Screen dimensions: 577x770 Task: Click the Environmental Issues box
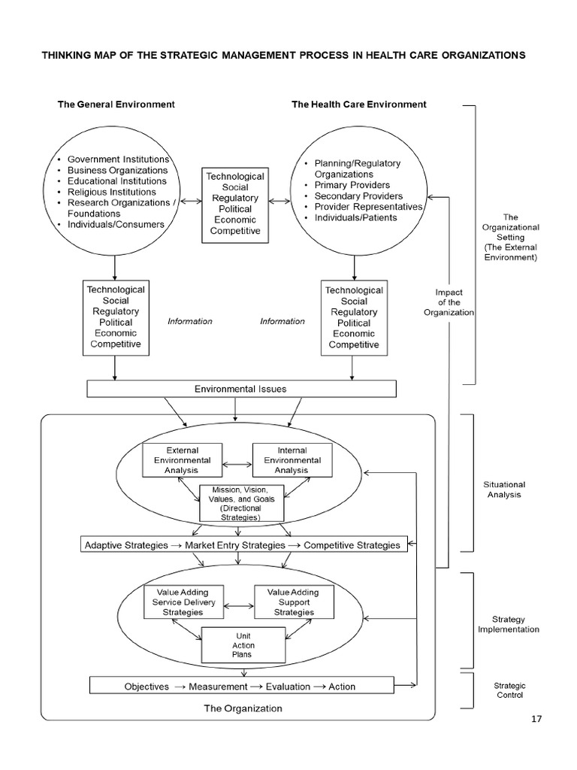241,389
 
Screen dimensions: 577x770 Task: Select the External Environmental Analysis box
182,460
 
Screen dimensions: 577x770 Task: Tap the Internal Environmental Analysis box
292,460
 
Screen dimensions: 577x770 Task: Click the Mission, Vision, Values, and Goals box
241,503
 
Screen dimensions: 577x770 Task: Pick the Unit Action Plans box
243,645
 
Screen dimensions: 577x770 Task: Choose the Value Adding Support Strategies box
294,602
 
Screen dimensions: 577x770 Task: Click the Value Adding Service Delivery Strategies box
183,602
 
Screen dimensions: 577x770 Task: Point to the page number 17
536,719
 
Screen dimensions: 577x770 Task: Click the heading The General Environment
116,104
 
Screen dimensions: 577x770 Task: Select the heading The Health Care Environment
359,104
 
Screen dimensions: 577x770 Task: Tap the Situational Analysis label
504,490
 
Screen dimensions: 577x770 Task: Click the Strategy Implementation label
509,624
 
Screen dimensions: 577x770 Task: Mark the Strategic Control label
510,690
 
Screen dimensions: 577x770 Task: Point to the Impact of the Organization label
449,302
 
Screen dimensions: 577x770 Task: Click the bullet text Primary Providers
352,185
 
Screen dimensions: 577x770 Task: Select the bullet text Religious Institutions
112,192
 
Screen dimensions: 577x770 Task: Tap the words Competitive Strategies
352,545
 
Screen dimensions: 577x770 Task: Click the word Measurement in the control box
218,687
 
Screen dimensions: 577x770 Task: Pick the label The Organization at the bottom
243,708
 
